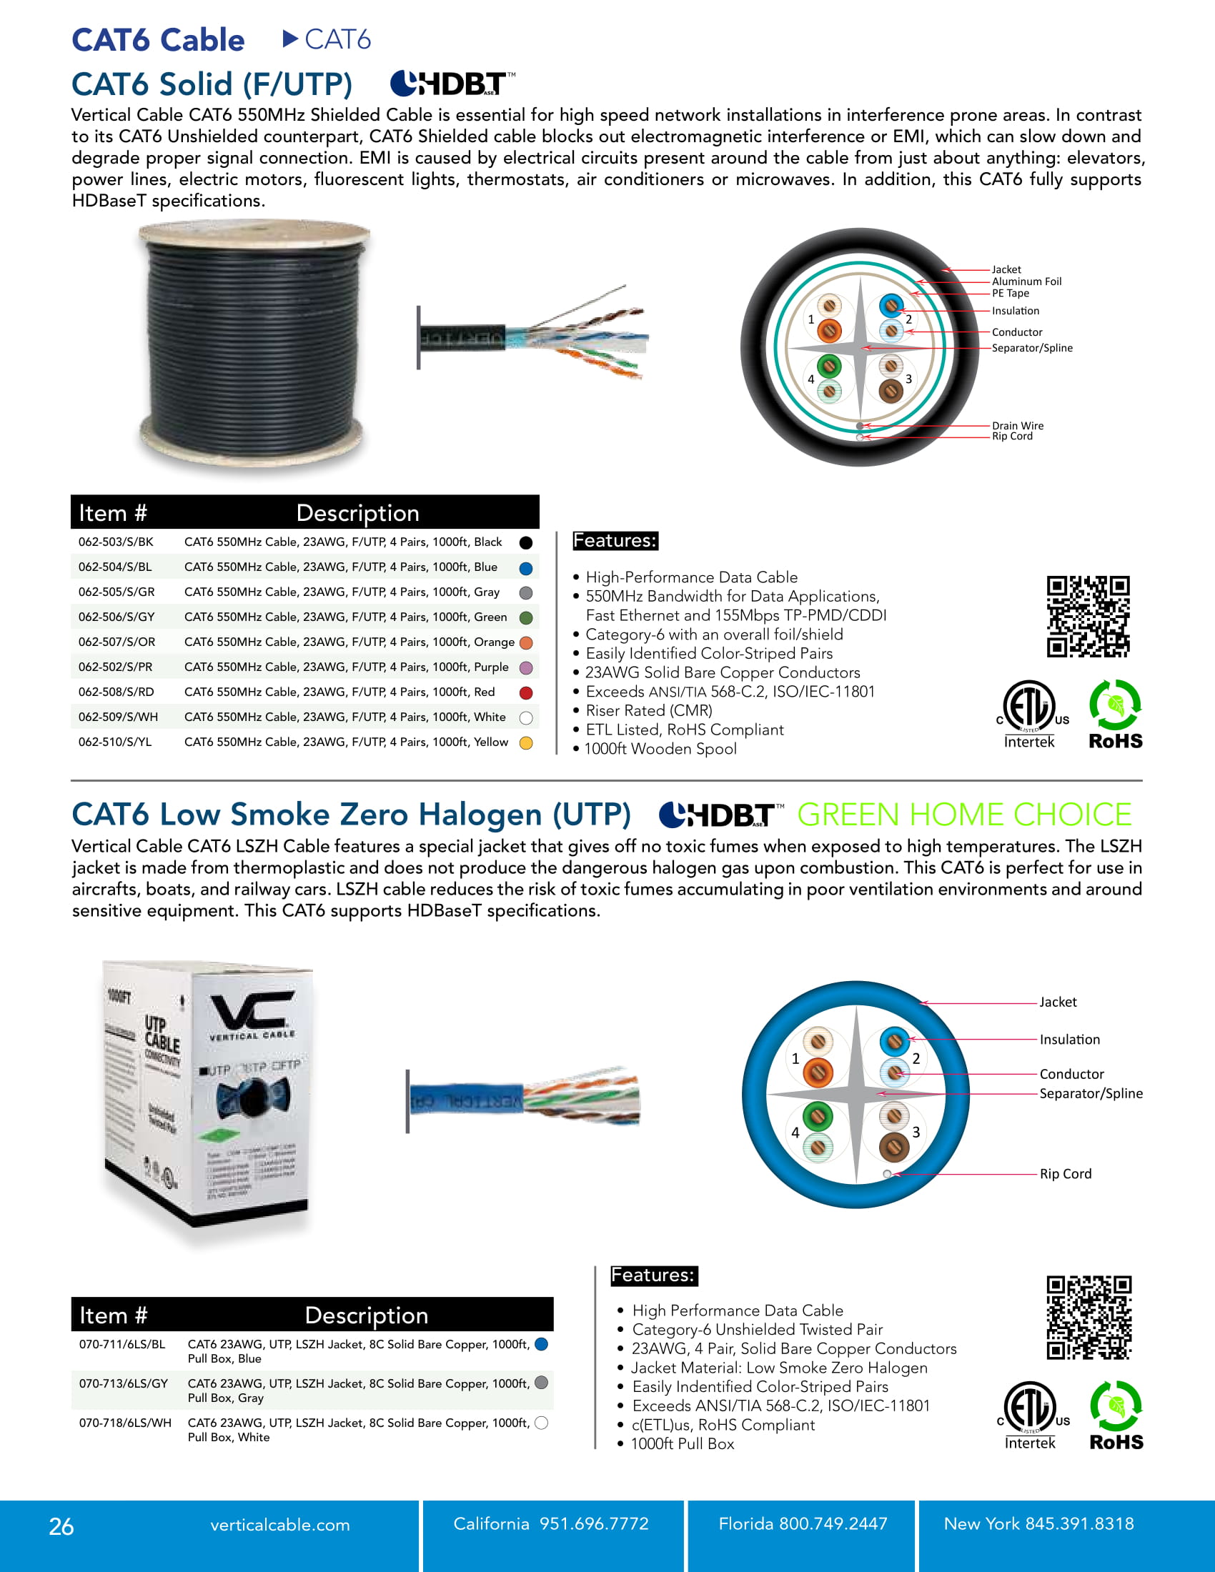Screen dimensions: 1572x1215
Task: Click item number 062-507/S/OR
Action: click(116, 642)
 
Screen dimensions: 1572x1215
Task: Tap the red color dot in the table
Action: click(526, 692)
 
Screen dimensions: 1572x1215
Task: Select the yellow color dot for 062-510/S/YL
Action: click(526, 743)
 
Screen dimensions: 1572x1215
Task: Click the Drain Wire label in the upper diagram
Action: click(1017, 425)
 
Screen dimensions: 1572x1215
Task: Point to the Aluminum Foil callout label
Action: click(1026, 282)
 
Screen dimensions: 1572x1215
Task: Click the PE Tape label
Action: click(1010, 293)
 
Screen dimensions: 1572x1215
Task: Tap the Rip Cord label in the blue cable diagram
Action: click(1065, 1173)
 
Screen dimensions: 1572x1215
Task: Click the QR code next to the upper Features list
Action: click(1088, 616)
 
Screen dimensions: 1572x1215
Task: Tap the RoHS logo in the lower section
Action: click(1116, 1415)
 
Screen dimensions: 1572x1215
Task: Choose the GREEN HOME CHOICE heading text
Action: click(964, 815)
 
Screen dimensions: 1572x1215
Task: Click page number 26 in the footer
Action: click(61, 1526)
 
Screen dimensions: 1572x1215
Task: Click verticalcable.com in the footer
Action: click(279, 1525)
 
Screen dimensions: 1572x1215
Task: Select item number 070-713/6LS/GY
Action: click(123, 1383)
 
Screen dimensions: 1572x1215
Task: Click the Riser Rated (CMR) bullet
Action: click(648, 710)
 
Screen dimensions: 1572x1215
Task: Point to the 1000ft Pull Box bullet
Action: click(682, 1444)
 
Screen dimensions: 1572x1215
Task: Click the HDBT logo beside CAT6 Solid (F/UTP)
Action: click(452, 84)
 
